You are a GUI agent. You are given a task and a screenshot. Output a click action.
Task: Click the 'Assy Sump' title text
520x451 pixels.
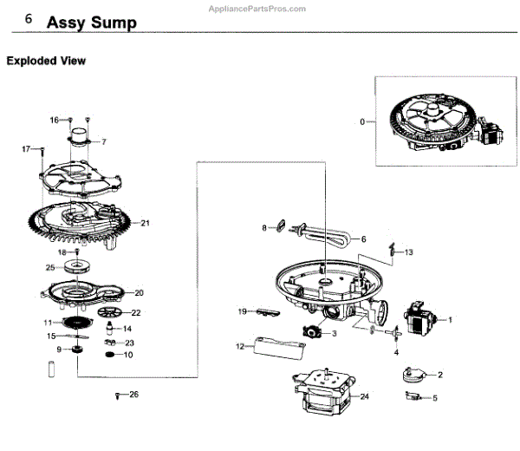point(91,23)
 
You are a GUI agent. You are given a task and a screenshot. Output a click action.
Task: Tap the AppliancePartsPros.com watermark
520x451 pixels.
point(257,8)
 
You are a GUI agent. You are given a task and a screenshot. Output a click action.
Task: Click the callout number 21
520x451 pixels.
point(146,223)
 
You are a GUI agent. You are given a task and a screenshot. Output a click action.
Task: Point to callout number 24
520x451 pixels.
point(365,396)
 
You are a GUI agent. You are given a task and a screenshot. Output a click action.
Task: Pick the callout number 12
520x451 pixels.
point(240,347)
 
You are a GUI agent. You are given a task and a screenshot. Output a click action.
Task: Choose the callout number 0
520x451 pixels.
point(362,122)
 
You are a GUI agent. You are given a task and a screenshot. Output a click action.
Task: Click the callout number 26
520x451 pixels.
point(133,395)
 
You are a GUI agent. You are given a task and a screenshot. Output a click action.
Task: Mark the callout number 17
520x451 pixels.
point(26,149)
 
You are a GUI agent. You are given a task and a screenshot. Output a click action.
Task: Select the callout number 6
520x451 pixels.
point(363,239)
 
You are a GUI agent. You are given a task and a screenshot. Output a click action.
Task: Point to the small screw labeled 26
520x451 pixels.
point(116,396)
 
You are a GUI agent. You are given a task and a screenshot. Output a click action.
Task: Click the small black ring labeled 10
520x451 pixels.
point(110,356)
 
